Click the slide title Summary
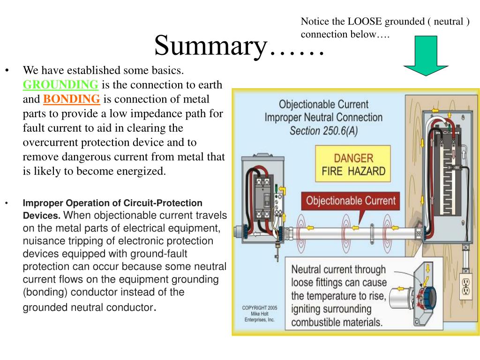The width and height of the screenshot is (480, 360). [x=239, y=46]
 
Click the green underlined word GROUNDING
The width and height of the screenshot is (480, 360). [x=60, y=85]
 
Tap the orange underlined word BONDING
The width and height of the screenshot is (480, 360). [x=72, y=99]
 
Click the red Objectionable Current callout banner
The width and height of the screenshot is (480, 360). [x=350, y=201]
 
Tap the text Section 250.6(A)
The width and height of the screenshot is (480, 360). [x=324, y=131]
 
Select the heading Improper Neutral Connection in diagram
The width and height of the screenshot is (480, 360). [x=323, y=117]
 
